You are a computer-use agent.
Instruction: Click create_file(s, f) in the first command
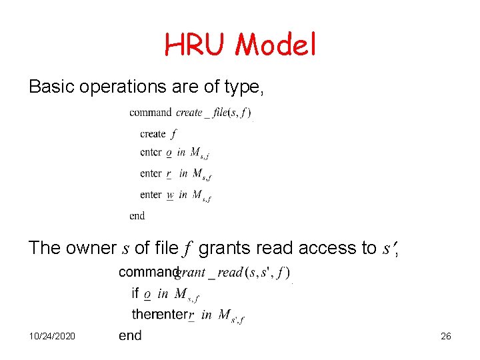(213, 113)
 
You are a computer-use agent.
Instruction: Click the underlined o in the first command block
(169, 153)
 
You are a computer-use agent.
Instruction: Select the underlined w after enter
(170, 195)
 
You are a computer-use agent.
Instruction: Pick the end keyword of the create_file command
(137, 215)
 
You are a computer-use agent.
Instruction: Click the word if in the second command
(135, 293)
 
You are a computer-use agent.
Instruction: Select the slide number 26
(446, 337)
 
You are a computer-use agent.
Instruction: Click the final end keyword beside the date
(130, 335)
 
